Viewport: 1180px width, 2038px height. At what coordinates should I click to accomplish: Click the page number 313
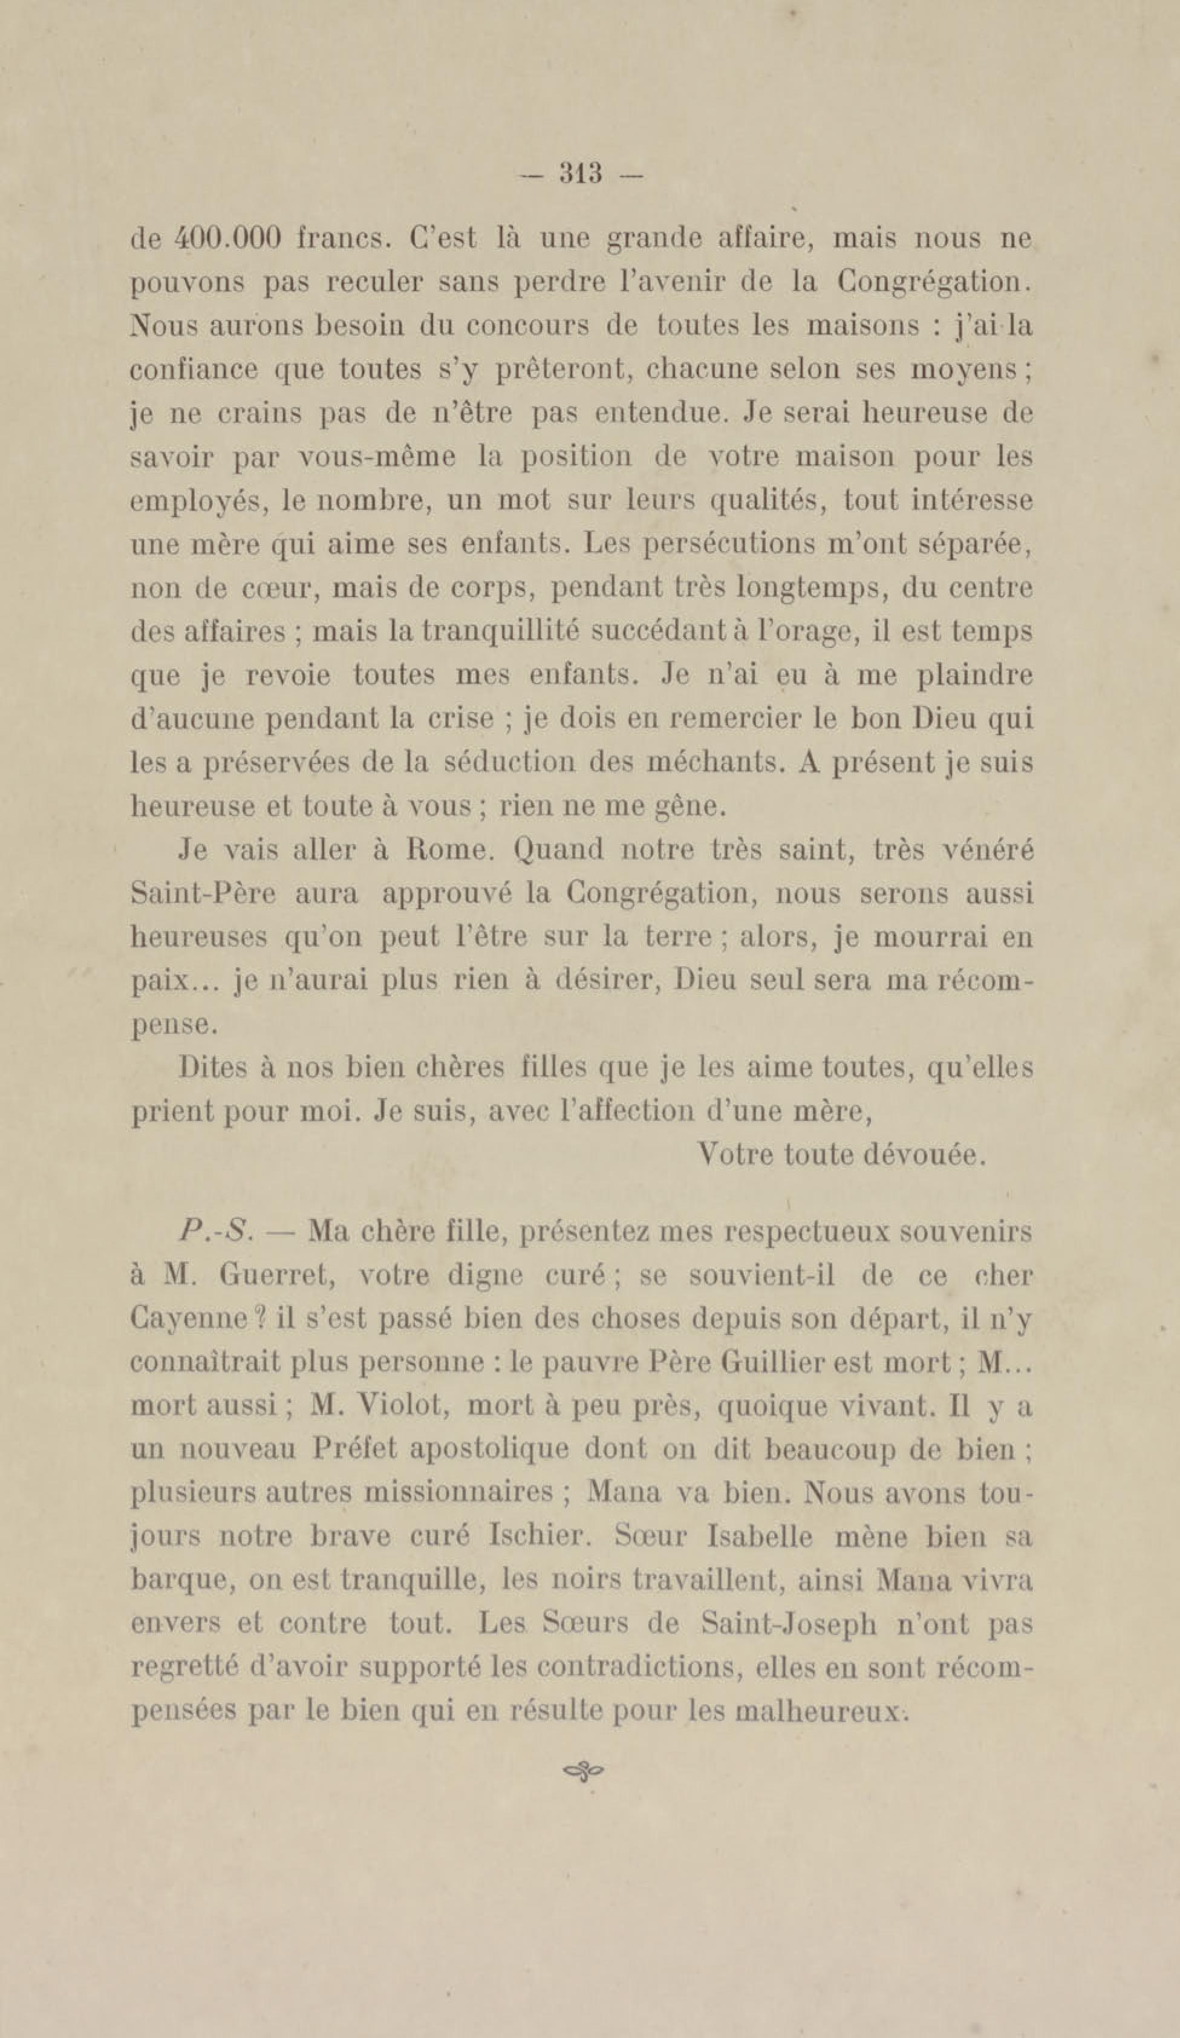coord(581,173)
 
